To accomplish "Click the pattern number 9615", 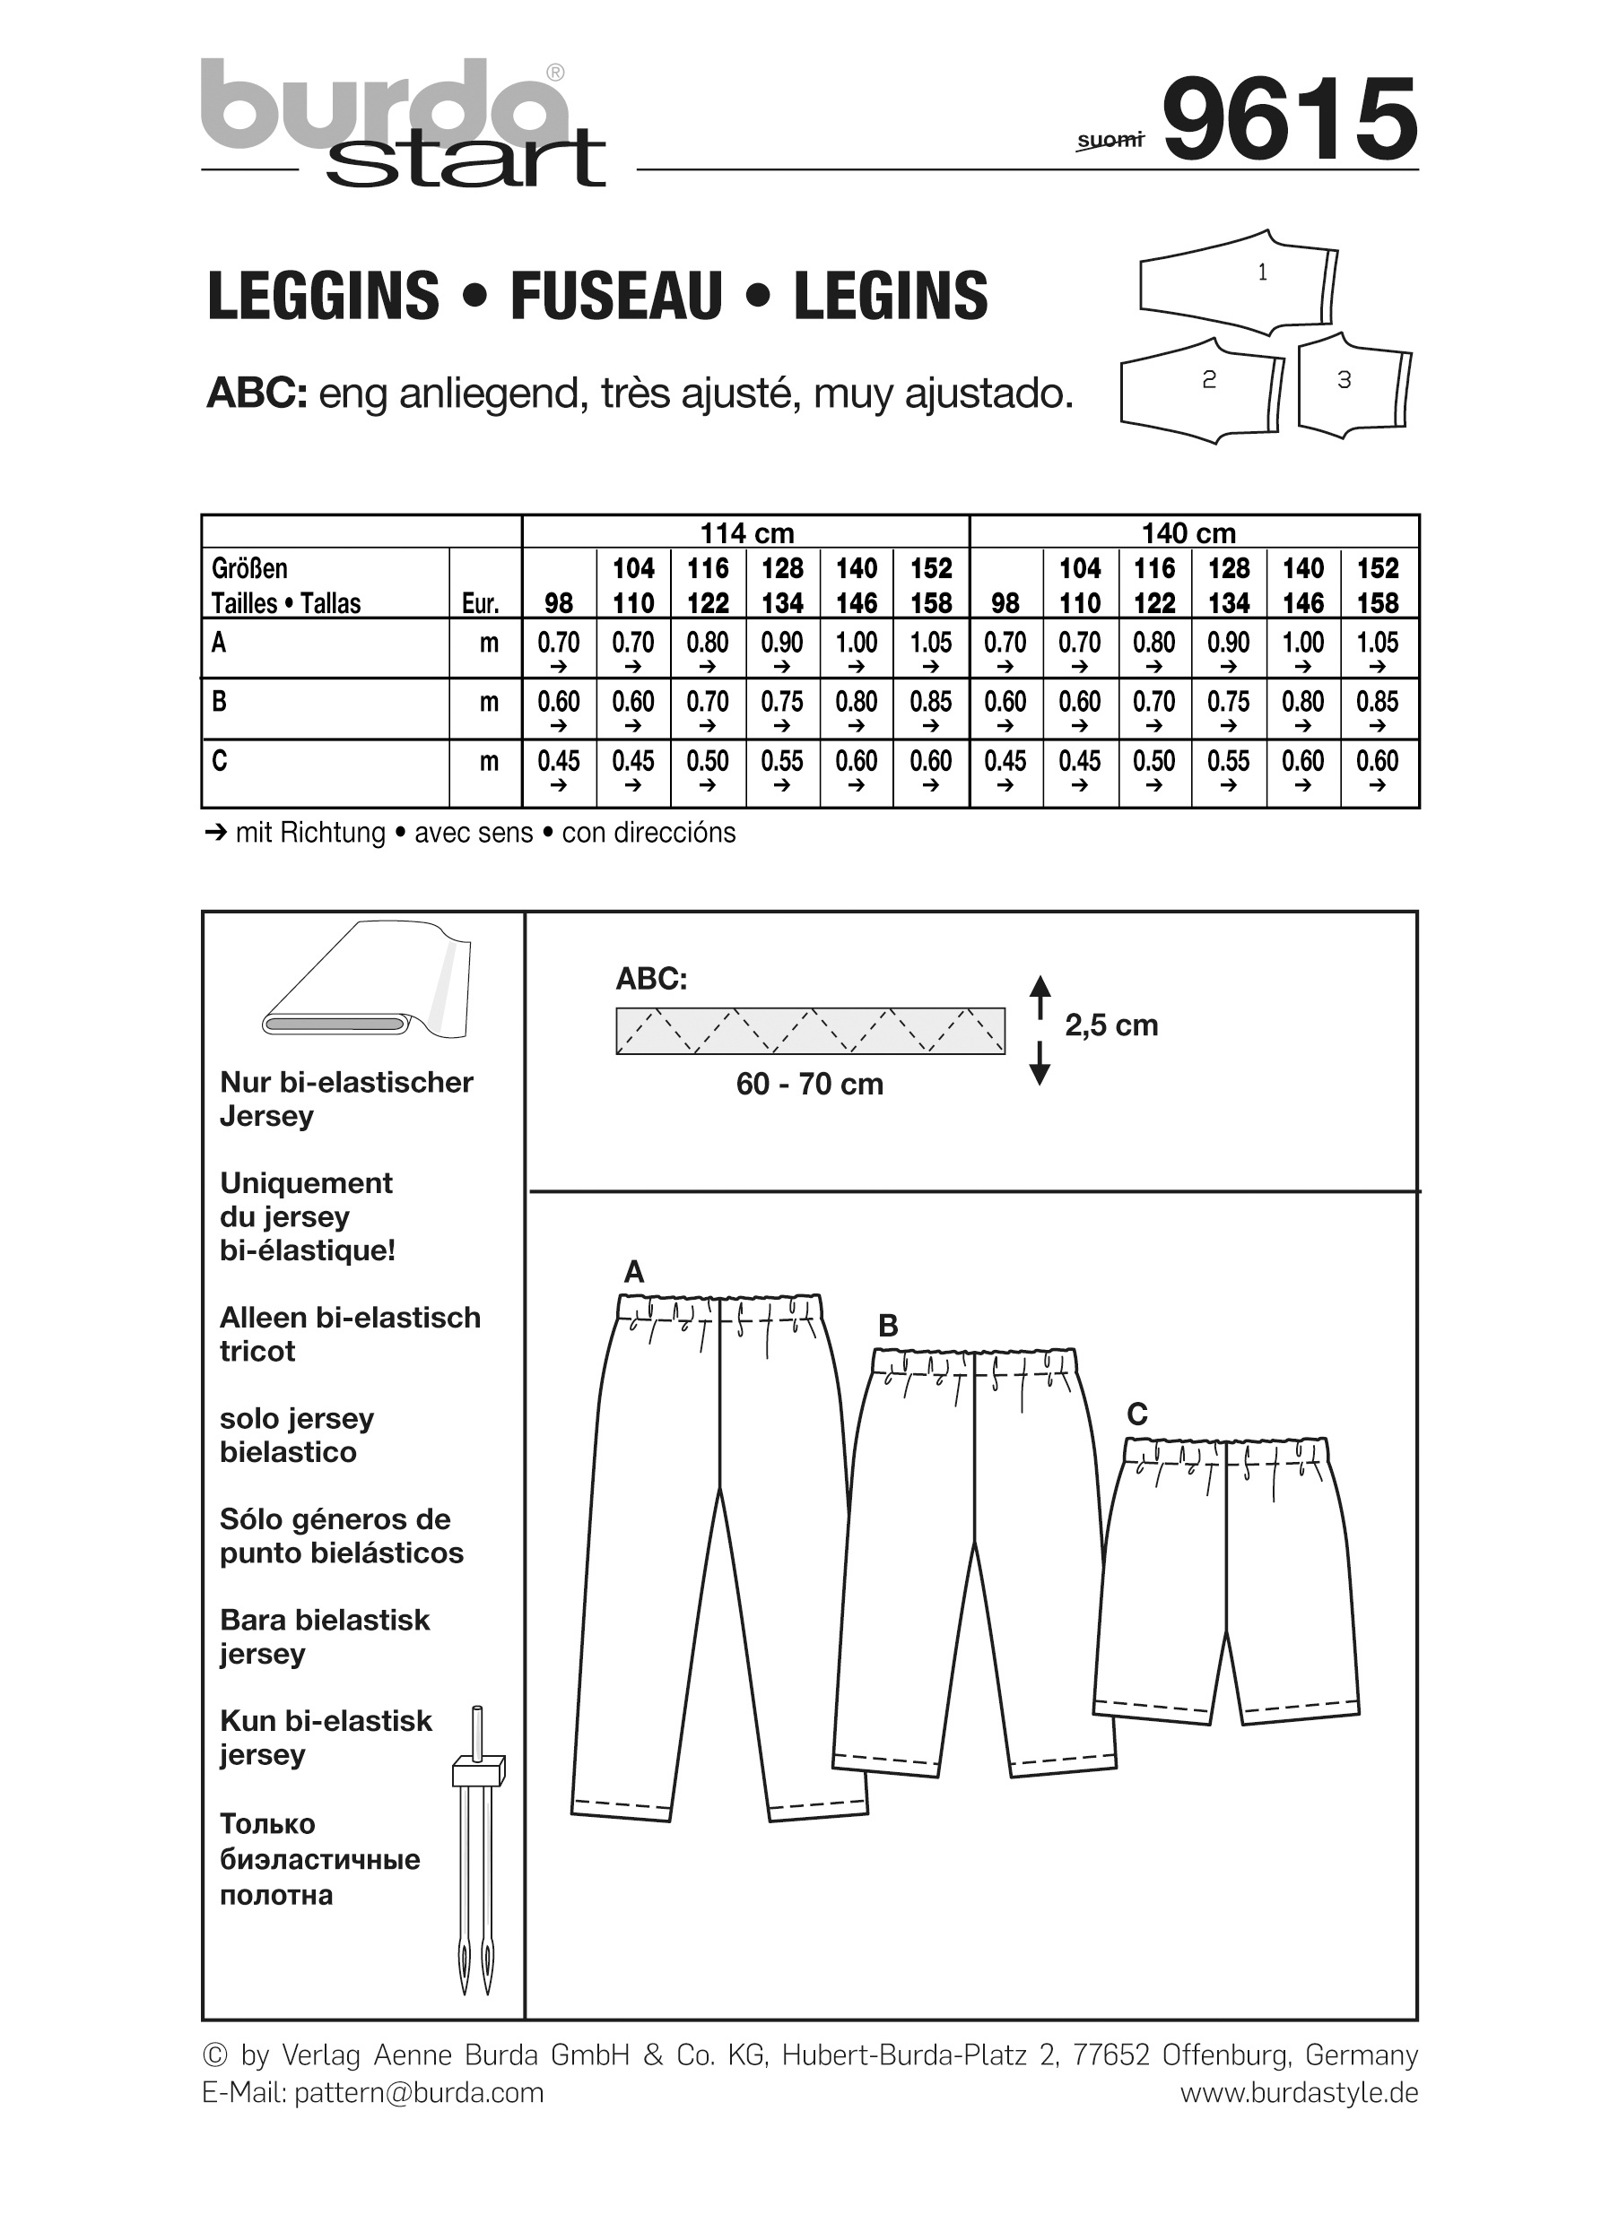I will pyautogui.click(x=1290, y=119).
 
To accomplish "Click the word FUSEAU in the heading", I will pyautogui.click(x=616, y=296).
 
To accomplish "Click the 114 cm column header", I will pyautogui.click(x=746, y=532).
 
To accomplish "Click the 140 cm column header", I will pyautogui.click(x=1188, y=532).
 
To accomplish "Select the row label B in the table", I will pyautogui.click(x=219, y=702).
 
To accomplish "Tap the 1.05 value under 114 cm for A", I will pyautogui.click(x=930, y=643).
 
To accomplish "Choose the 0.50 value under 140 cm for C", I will pyautogui.click(x=1154, y=762).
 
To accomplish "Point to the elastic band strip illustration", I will pyautogui.click(x=810, y=1030).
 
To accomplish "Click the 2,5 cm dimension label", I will pyautogui.click(x=1111, y=1025).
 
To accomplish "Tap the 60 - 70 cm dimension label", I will pyautogui.click(x=810, y=1084).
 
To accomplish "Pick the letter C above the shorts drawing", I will pyautogui.click(x=1136, y=1414).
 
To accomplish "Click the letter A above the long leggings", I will pyautogui.click(x=634, y=1271).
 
